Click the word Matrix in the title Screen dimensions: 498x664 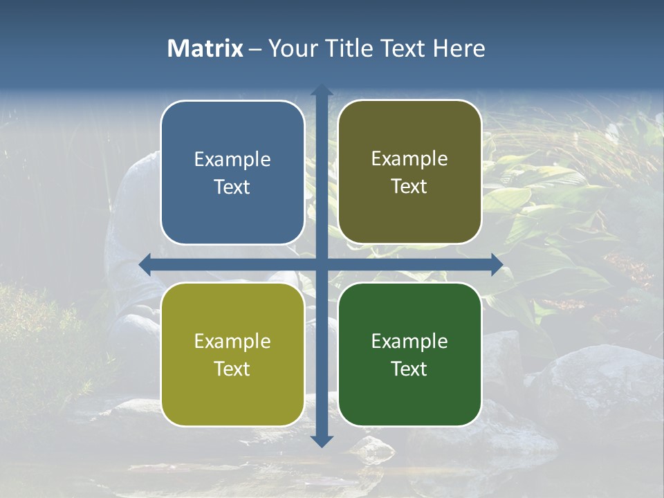(205, 48)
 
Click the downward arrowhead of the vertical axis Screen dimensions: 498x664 (322, 441)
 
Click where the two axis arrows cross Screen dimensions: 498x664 (322, 264)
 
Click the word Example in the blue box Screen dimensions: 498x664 (232, 160)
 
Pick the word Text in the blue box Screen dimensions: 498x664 (232, 187)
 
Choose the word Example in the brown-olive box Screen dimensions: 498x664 (409, 159)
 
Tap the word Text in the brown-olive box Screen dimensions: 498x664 (409, 187)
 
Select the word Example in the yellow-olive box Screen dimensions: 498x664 (232, 342)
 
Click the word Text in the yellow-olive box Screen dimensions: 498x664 (232, 369)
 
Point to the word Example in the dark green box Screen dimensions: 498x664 (409, 342)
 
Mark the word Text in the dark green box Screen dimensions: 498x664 (409, 369)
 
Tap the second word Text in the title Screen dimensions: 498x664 (404, 48)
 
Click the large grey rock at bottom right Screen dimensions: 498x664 (595, 380)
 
